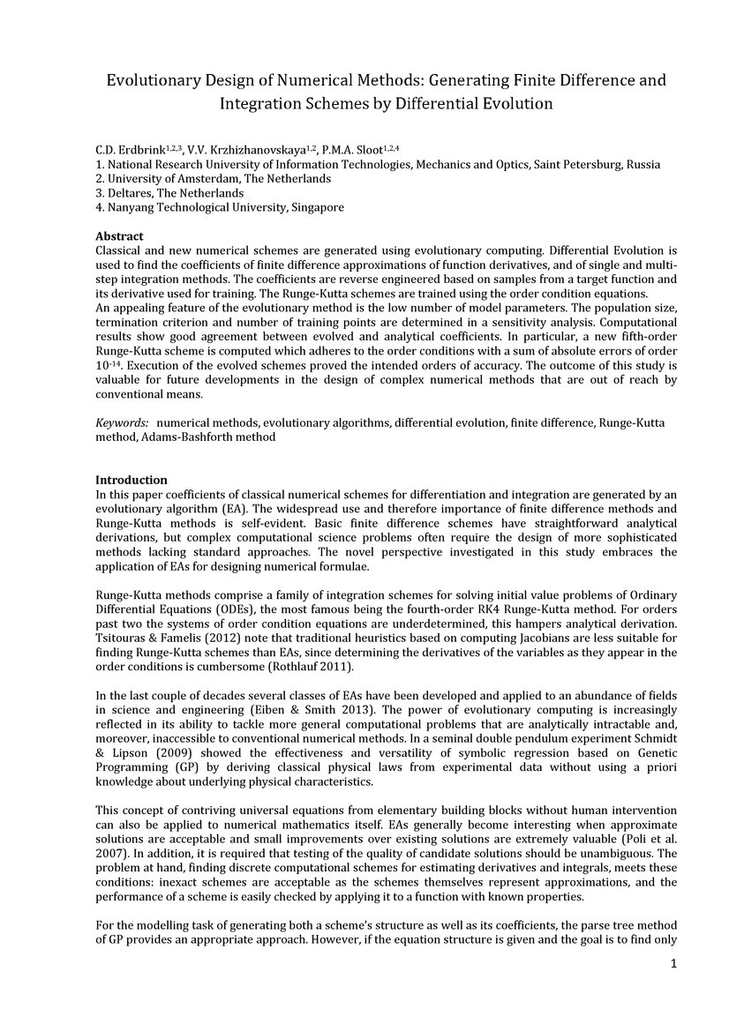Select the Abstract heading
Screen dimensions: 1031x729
coord(119,236)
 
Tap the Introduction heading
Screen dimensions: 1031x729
coord(131,480)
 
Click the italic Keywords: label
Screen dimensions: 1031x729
coord(122,423)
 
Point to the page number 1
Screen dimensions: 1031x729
coord(673,963)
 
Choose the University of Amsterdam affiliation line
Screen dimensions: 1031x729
coord(168,179)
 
